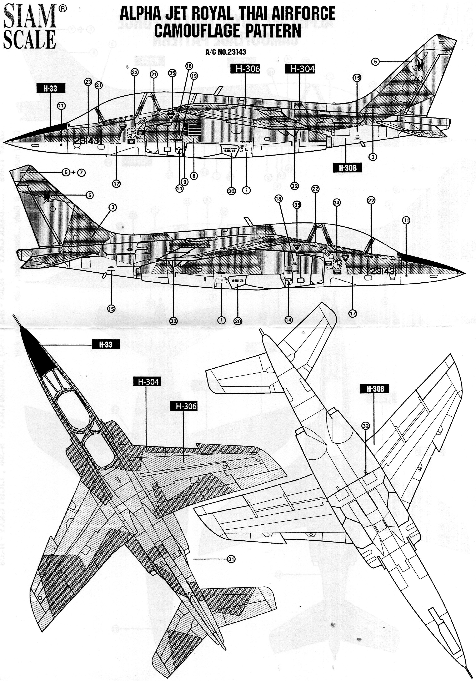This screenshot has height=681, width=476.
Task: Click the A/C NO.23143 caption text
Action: pyautogui.click(x=226, y=52)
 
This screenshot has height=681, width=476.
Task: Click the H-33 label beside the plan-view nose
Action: pyautogui.click(x=106, y=345)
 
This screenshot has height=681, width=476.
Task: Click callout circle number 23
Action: pyautogui.click(x=88, y=82)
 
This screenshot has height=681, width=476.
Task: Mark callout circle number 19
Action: pyautogui.click(x=194, y=76)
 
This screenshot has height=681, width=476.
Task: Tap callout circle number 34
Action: pyautogui.click(x=336, y=203)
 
